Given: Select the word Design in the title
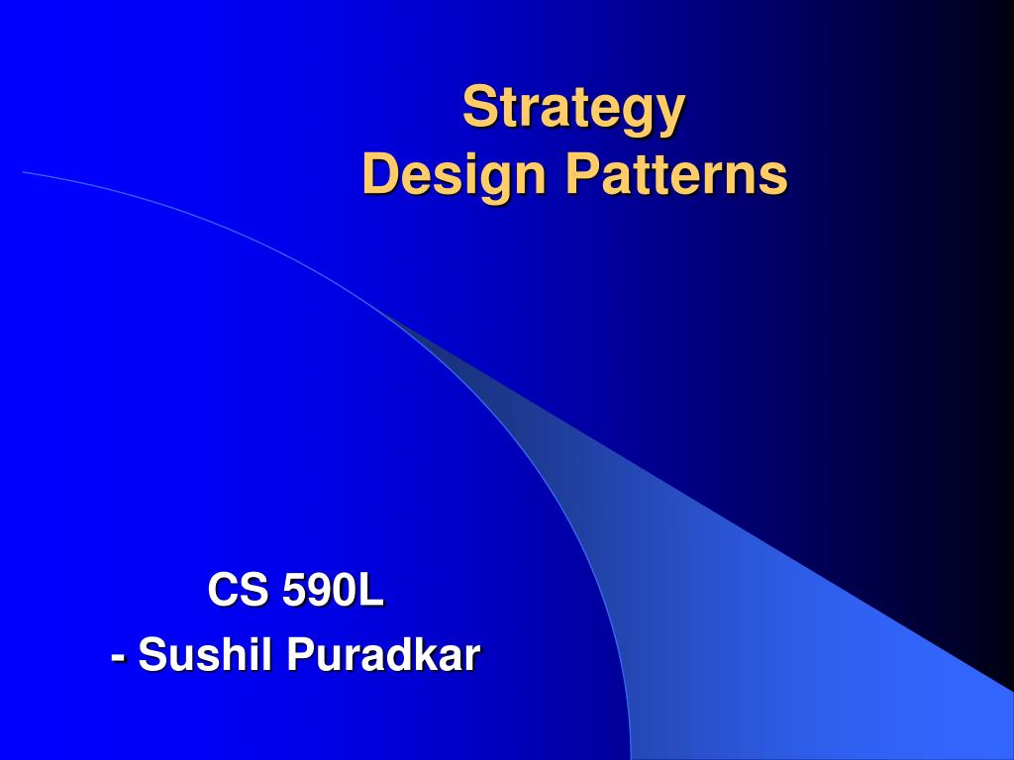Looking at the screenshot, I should point(455,175).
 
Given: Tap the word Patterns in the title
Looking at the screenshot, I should point(677,175).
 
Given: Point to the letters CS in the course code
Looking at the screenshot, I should point(238,591).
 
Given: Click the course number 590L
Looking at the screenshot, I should point(333,591).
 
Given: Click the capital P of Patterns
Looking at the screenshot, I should point(581,175).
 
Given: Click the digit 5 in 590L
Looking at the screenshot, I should point(294,591).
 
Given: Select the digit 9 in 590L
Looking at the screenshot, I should point(319,591).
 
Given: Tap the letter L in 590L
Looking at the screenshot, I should point(370,591).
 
